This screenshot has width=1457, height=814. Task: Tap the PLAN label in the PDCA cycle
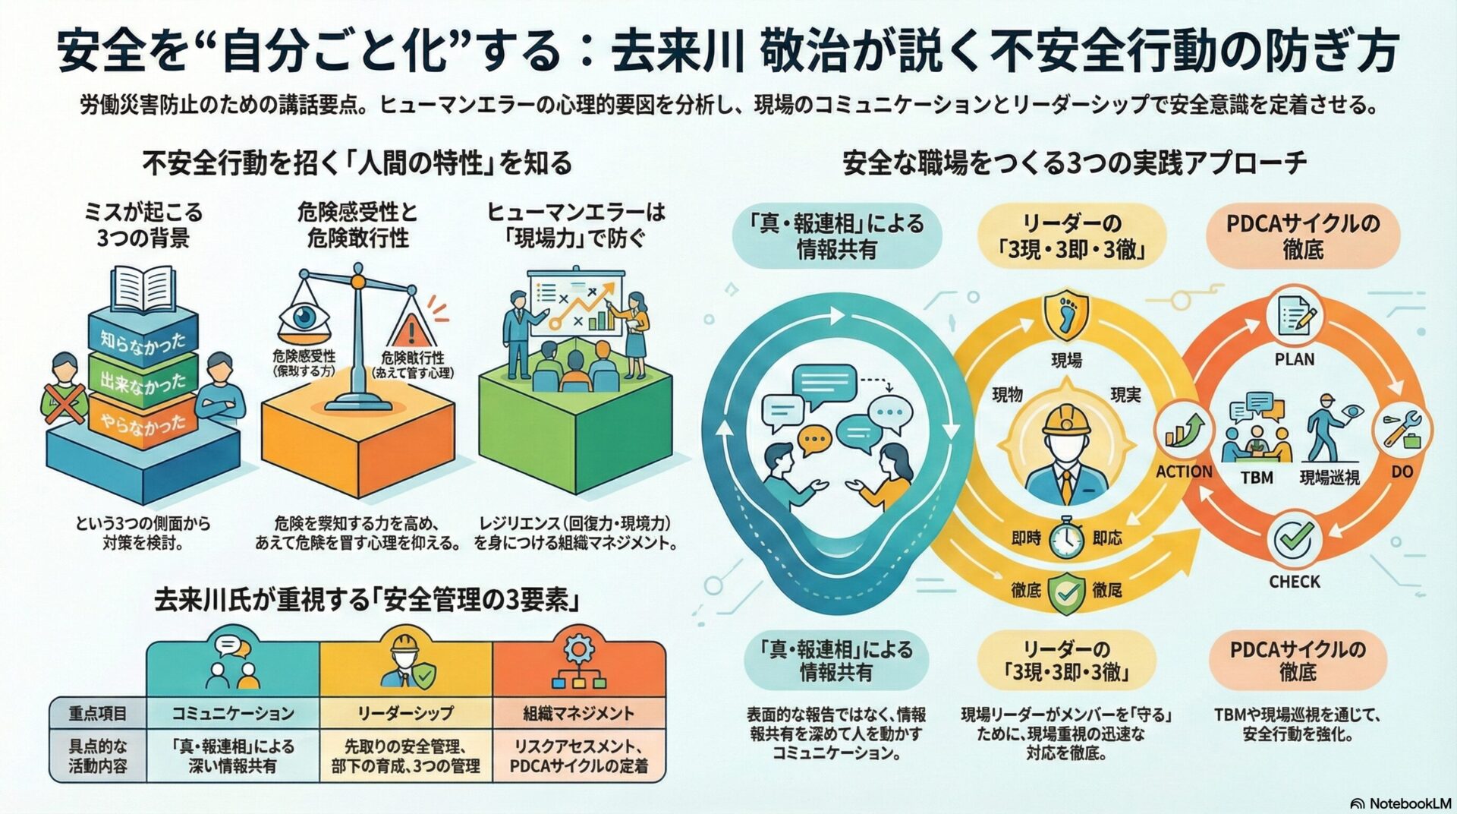(x=1295, y=359)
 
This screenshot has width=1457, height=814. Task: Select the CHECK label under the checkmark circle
(x=1295, y=582)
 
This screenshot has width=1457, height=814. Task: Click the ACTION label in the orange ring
(x=1184, y=472)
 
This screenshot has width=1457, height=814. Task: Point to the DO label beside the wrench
(x=1402, y=472)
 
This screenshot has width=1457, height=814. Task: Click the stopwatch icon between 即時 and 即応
(x=1066, y=538)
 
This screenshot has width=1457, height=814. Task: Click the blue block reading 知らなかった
(x=143, y=339)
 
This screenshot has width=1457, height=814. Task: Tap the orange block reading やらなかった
(x=143, y=421)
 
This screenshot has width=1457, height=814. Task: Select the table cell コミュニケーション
(x=232, y=714)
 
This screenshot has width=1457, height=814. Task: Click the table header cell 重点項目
(x=98, y=714)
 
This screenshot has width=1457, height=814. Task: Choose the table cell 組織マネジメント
(x=578, y=714)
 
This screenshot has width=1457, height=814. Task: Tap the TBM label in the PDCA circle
(x=1257, y=478)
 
